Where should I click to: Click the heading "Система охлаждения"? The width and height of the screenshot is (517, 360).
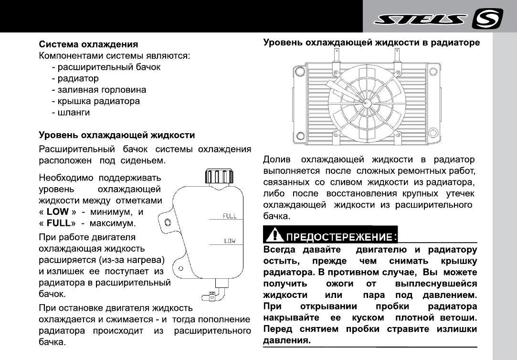click(88, 44)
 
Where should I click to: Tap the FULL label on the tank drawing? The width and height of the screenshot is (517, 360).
click(230, 216)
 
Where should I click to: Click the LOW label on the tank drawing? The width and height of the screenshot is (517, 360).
click(230, 241)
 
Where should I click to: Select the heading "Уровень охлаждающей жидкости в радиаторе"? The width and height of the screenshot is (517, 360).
click(371, 43)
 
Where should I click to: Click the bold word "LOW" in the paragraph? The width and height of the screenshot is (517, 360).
click(58, 212)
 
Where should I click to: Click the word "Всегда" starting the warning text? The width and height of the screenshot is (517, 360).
click(279, 250)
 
